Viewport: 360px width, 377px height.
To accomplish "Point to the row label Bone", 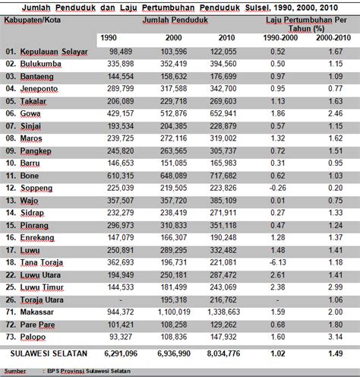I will pyautogui.click(x=30, y=174).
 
